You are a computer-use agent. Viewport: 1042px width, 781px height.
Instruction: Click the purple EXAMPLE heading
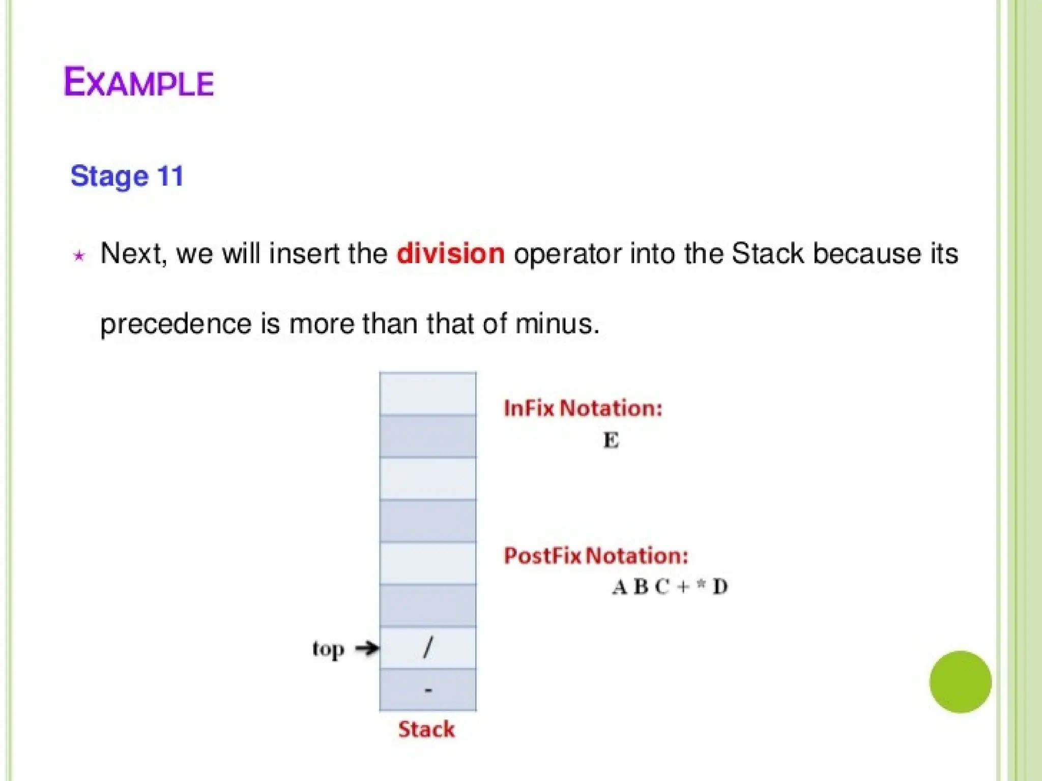(138, 82)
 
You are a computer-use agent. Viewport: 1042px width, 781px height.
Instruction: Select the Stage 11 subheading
(127, 176)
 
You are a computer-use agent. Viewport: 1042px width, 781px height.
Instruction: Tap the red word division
(450, 253)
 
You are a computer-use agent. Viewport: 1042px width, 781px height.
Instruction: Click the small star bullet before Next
(79, 255)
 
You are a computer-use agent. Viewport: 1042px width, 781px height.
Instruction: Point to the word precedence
(176, 324)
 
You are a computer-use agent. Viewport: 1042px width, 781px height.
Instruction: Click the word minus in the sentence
(557, 324)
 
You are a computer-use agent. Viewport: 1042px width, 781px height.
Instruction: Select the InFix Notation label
(583, 408)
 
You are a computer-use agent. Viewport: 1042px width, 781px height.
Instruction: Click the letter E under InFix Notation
(611, 440)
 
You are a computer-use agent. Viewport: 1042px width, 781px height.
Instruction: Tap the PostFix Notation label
(596, 555)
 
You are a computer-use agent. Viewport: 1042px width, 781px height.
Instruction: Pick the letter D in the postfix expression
(720, 587)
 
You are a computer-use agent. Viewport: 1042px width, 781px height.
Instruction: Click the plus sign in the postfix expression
(683, 587)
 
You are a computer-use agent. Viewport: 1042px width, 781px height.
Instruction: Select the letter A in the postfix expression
(619, 587)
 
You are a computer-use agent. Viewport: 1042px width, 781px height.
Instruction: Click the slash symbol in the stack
(428, 648)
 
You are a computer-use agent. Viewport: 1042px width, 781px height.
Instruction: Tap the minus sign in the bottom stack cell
(428, 690)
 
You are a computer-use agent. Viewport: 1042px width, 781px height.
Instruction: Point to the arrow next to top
(367, 648)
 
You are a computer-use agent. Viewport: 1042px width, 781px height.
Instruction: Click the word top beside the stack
(328, 649)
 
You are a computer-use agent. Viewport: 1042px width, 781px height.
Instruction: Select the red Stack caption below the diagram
(426, 729)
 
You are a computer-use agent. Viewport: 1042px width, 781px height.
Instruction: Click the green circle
(960, 682)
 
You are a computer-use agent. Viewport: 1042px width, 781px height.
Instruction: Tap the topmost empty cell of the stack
(428, 394)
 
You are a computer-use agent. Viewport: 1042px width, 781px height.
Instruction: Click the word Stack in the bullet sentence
(768, 253)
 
